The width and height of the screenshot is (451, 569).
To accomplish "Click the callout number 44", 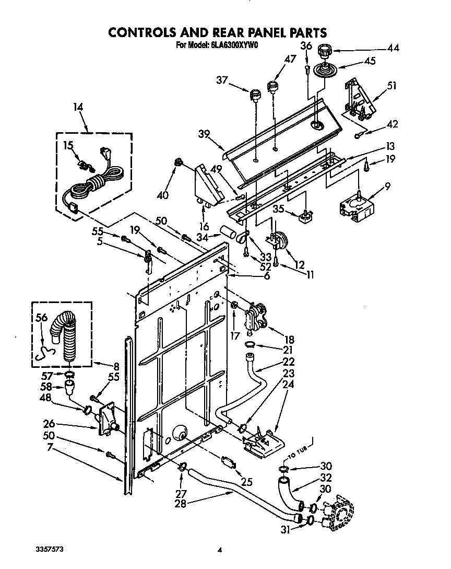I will pos(393,48).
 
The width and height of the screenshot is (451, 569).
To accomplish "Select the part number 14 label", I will pos(78,108).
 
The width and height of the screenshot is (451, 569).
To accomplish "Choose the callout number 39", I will pos(204,134).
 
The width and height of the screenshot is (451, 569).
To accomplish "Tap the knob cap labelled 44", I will pos(326,51).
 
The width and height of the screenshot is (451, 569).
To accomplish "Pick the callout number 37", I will pos(222,79).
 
